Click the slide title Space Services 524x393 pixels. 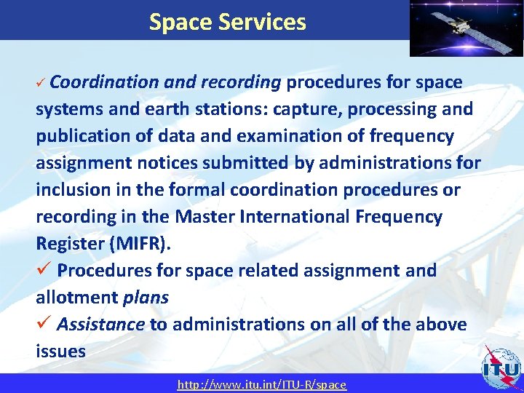[x=227, y=22]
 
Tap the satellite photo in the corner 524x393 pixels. [x=466, y=28]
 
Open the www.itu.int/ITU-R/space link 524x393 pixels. [x=262, y=384]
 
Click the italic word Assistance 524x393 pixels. [x=101, y=324]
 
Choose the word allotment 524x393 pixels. [x=76, y=298]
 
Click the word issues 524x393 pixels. [x=60, y=352]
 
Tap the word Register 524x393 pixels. [x=69, y=244]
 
